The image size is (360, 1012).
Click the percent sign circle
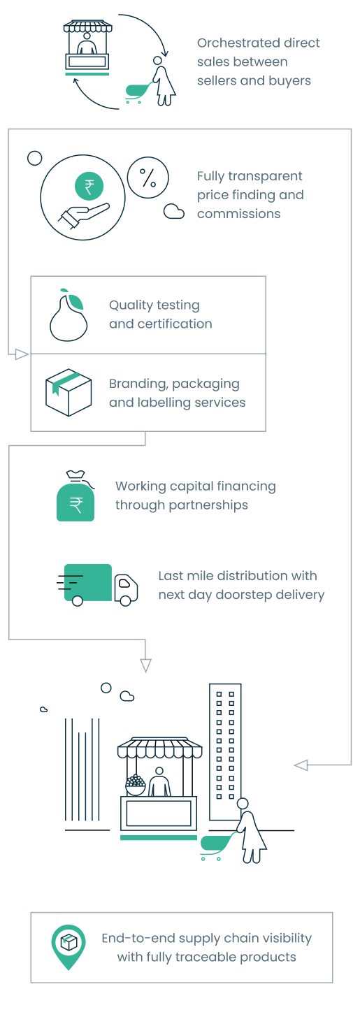(147, 178)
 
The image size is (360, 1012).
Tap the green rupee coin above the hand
(89, 186)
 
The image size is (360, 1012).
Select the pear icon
(69, 315)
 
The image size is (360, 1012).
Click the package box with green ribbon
(69, 392)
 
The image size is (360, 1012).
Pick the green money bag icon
(76, 496)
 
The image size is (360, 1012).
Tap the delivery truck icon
(98, 584)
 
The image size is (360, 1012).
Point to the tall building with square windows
(225, 752)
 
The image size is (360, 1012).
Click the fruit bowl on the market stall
(136, 785)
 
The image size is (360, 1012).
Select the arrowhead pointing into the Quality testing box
(22, 354)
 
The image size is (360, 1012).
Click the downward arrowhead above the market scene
(145, 665)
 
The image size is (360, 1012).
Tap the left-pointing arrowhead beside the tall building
(301, 765)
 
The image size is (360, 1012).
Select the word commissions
(238, 214)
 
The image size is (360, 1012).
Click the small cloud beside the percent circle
(174, 212)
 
